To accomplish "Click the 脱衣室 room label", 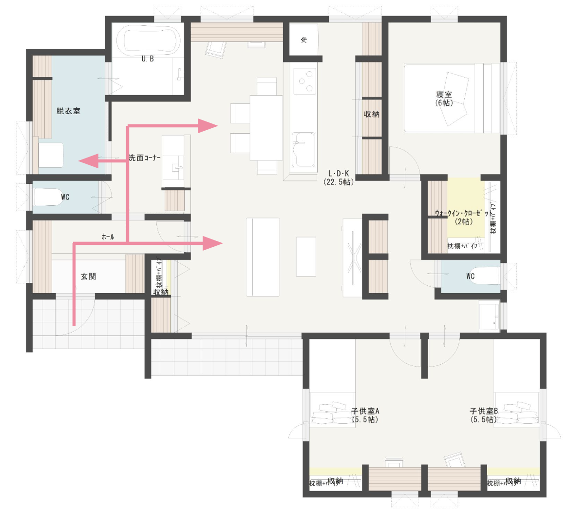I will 68,111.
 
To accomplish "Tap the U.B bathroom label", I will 148,59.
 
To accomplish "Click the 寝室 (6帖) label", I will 444,99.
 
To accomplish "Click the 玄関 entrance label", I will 88,277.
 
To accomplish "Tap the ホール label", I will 108,237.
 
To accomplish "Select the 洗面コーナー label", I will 145,158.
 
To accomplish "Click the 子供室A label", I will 365,415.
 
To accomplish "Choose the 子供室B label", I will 483,415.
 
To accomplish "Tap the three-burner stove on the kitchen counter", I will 304,81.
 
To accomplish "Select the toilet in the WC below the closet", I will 485,277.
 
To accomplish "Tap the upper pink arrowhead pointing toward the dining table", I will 208,126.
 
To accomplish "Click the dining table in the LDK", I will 266,127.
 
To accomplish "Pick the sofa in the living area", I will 263,257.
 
